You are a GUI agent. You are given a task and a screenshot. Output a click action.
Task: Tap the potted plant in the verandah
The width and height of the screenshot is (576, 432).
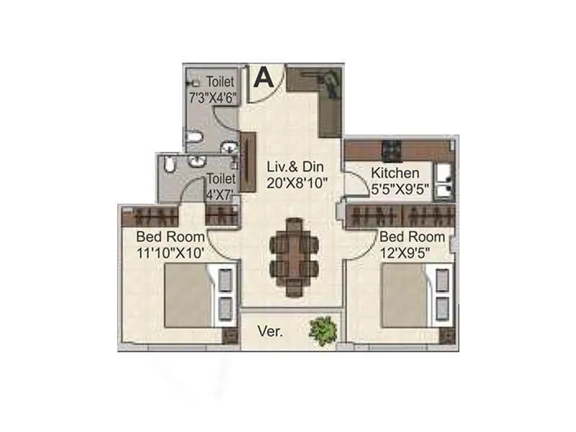[x=323, y=330]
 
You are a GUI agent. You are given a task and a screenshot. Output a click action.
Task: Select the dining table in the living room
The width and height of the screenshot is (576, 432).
[x=293, y=255]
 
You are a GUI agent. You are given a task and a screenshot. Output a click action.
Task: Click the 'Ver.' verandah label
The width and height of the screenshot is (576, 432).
[x=270, y=333]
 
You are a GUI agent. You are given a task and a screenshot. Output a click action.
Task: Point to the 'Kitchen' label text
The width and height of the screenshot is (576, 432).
[x=395, y=173]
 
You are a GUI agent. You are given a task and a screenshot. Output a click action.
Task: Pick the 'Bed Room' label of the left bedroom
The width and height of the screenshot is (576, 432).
[x=170, y=237]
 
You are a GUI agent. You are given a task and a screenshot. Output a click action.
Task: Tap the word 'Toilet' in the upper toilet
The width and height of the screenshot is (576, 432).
[x=220, y=81]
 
